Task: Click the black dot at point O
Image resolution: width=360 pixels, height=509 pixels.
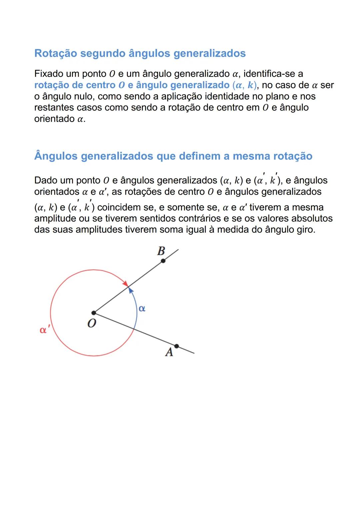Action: (x=94, y=313)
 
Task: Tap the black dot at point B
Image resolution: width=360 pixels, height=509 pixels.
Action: (x=163, y=260)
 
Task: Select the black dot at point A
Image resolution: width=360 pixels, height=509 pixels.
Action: (x=176, y=346)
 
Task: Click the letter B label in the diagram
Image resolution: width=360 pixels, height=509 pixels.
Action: (x=161, y=251)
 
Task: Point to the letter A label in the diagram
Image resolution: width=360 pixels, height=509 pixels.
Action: (x=169, y=352)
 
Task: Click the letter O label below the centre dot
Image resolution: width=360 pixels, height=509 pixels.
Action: (x=92, y=323)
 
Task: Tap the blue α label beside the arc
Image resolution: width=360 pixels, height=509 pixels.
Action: (x=142, y=308)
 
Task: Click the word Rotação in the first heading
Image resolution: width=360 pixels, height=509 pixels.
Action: (x=56, y=53)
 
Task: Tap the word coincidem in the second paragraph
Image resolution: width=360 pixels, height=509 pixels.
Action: (x=119, y=207)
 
